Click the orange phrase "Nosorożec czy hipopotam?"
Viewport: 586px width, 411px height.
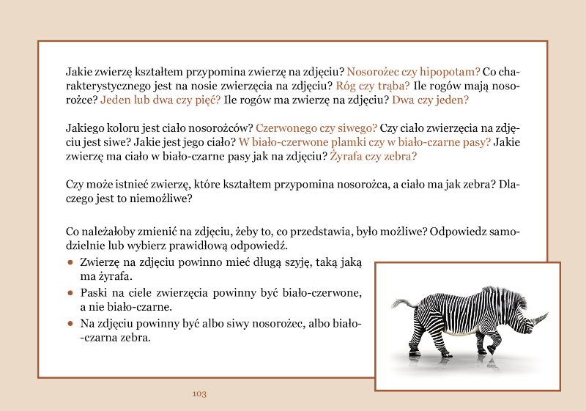point(413,72)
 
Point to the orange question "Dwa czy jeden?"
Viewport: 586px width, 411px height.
point(430,100)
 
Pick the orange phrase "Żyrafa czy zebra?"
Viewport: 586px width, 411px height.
point(373,156)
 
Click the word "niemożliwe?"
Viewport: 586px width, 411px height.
point(166,199)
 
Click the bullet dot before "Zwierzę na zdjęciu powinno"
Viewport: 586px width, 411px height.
point(70,262)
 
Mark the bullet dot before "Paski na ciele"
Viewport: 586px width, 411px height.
point(70,293)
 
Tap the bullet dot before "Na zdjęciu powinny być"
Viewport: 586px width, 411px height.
point(70,323)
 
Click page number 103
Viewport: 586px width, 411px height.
point(199,393)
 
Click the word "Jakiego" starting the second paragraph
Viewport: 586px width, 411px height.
point(84,128)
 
